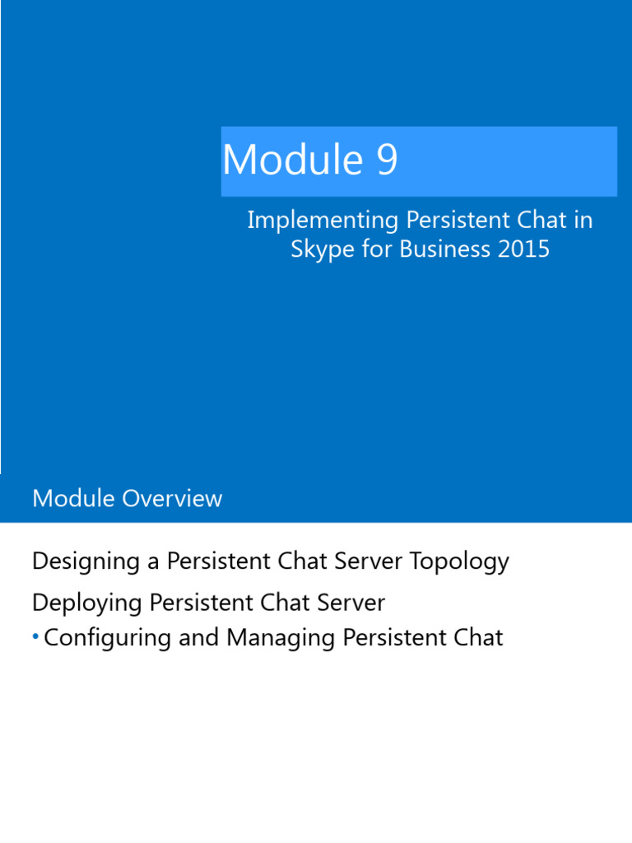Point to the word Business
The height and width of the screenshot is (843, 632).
pyautogui.click(x=444, y=249)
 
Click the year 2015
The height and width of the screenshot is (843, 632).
pyautogui.click(x=523, y=249)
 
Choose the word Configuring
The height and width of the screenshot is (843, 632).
pyautogui.click(x=108, y=638)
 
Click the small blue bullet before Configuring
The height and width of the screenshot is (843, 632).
pyautogui.click(x=35, y=637)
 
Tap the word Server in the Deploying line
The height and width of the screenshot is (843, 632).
pyautogui.click(x=351, y=603)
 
